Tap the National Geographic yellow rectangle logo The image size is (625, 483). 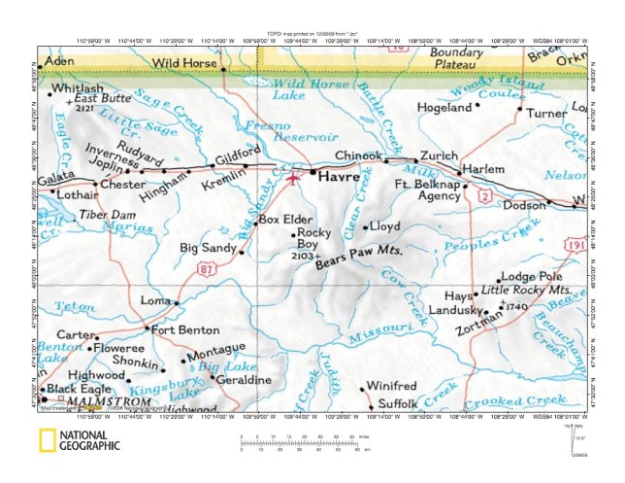45,443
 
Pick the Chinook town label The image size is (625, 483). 359,155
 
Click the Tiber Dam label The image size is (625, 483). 107,214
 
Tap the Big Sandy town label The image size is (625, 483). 208,249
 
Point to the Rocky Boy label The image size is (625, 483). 314,239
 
